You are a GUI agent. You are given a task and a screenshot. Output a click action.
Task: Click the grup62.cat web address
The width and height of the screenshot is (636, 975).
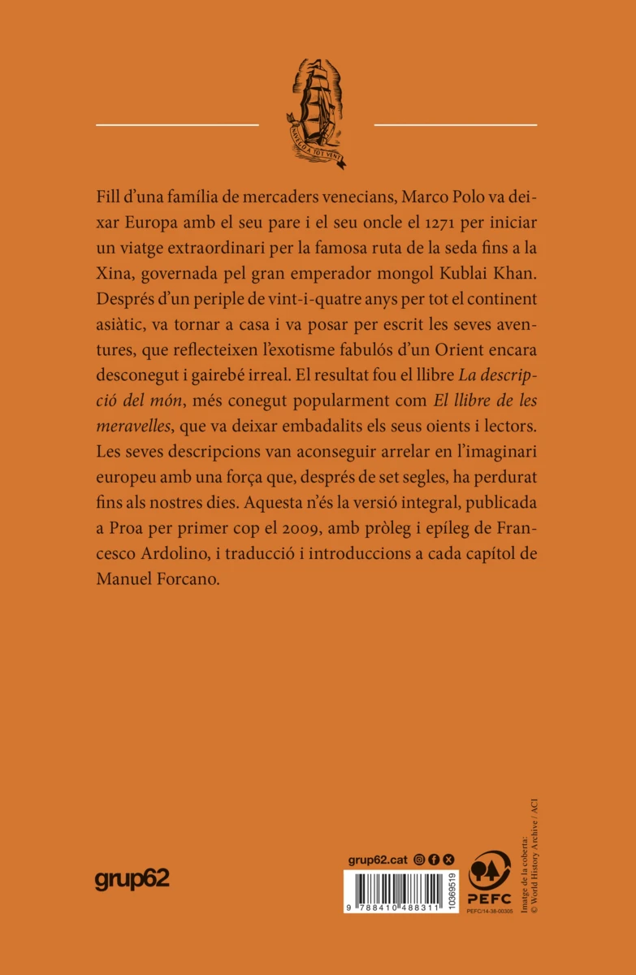378,859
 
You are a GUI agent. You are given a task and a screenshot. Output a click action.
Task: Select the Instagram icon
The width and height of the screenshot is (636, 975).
419,859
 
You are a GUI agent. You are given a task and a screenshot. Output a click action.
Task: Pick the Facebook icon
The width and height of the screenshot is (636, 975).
434,859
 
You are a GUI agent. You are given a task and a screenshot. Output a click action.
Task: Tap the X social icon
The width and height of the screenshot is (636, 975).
449,859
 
